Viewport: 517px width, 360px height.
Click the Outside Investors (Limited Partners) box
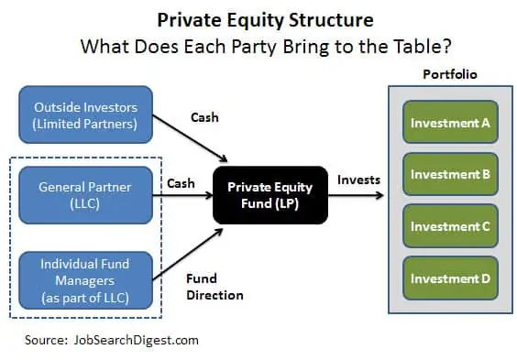[x=86, y=115]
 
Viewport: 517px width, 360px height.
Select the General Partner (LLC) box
[x=86, y=195]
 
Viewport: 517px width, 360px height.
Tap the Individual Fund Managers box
[x=86, y=280]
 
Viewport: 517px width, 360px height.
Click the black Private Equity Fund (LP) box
[x=270, y=195]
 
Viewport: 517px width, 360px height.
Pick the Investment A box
[x=450, y=122]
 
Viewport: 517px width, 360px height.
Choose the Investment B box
[x=450, y=174]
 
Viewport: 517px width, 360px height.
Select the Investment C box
[x=450, y=226]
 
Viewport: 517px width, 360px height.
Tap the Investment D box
[x=450, y=278]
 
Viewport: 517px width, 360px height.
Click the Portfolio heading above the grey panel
[x=450, y=74]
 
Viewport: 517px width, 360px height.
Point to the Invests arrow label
[x=358, y=180]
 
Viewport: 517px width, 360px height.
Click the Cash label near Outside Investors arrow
[x=204, y=117]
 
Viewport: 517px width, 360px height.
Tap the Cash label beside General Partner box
[x=181, y=183]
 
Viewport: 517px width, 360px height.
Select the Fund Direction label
[x=214, y=287]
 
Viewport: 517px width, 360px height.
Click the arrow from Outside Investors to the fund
[x=191, y=138]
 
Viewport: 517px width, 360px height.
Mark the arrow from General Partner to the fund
[x=182, y=195]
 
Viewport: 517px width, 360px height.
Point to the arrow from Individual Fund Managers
[x=188, y=255]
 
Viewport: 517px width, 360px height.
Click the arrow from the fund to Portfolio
[x=356, y=195]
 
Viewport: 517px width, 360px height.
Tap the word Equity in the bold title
[x=256, y=20]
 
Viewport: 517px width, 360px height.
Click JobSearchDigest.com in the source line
[x=137, y=340]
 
